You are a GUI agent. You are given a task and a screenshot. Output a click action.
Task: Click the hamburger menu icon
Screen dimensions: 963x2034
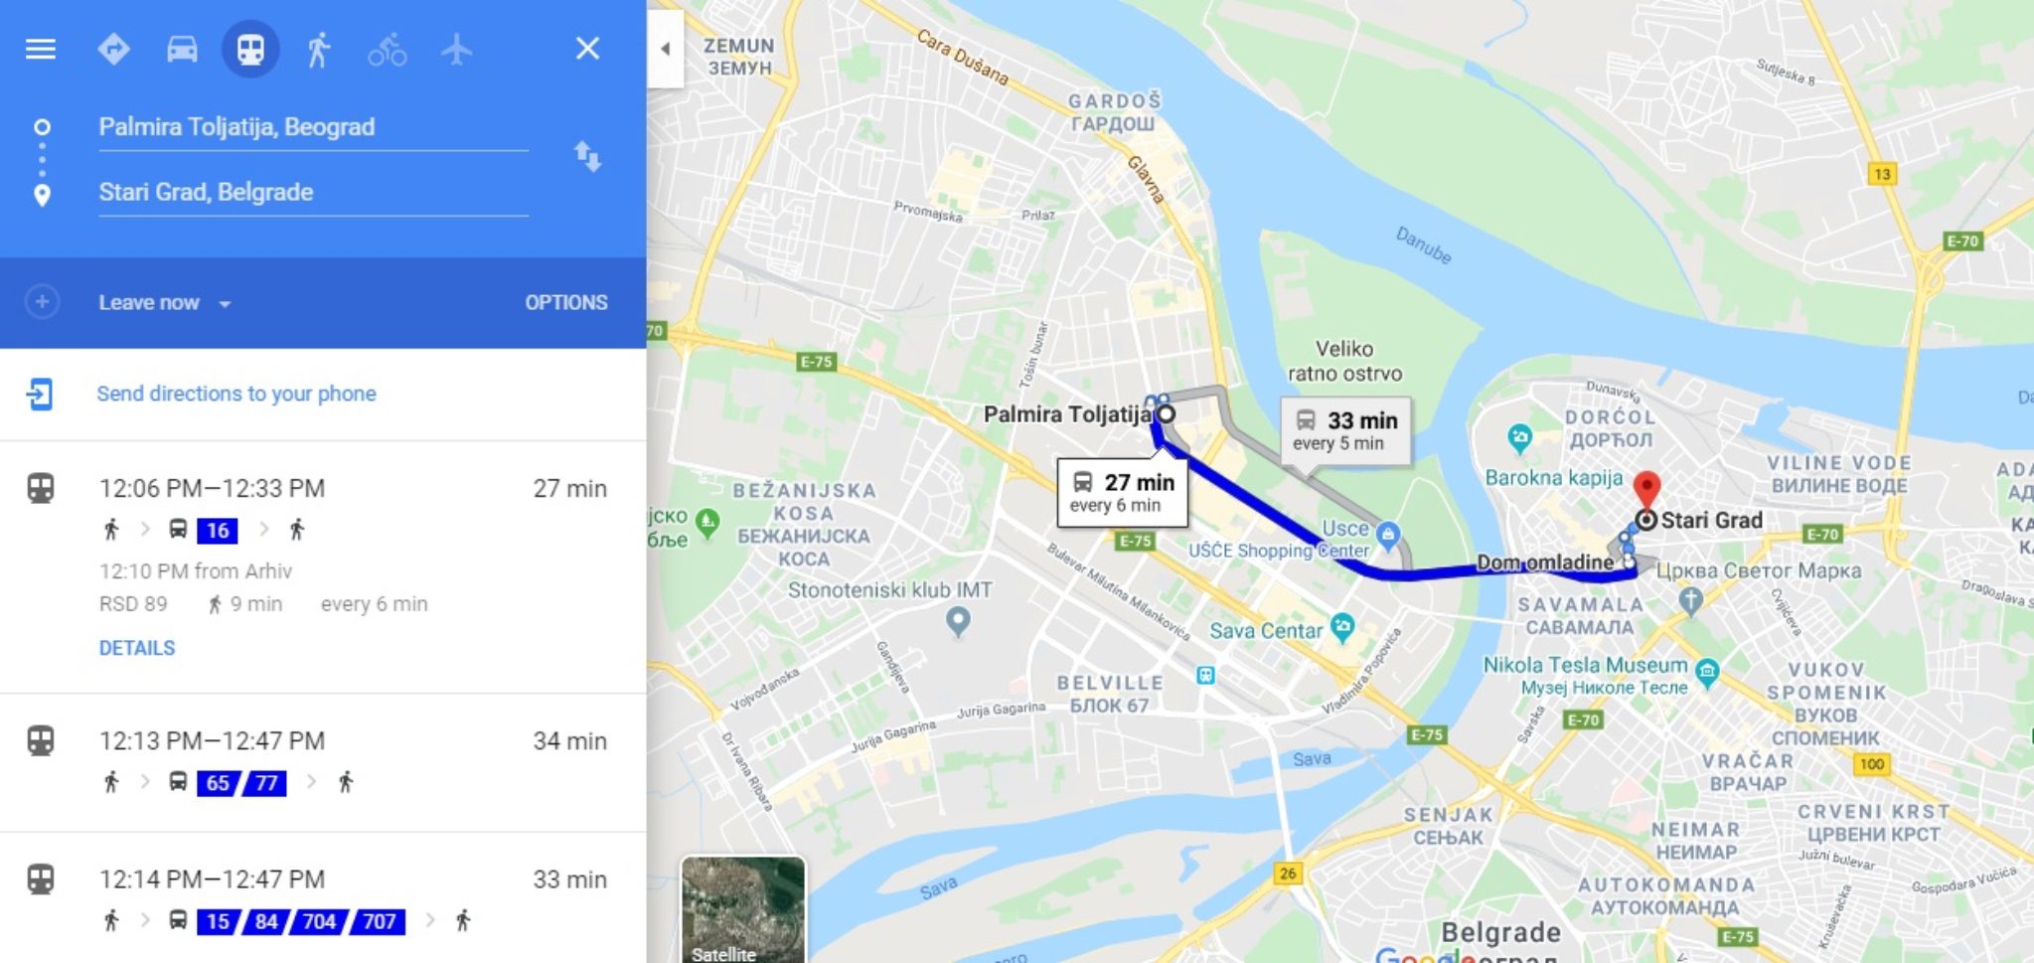click(40, 49)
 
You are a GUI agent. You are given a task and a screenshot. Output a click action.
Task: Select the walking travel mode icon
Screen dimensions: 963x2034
click(318, 49)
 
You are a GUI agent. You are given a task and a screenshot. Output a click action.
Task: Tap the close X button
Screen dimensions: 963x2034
click(587, 48)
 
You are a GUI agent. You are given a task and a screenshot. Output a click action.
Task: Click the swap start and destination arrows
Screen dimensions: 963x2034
click(587, 156)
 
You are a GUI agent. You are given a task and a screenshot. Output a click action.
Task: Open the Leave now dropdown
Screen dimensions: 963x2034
click(165, 303)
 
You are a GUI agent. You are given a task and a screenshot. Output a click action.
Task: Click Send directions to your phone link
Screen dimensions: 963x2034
click(235, 394)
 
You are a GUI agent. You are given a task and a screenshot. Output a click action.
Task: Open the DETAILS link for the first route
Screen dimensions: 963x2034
click(137, 648)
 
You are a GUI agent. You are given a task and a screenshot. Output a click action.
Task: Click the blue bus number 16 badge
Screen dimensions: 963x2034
click(218, 531)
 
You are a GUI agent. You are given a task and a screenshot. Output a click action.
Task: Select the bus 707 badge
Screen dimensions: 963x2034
click(380, 921)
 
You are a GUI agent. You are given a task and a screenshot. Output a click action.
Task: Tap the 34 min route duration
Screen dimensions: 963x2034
click(569, 741)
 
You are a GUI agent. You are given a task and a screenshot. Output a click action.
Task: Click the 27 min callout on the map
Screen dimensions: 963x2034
click(1123, 491)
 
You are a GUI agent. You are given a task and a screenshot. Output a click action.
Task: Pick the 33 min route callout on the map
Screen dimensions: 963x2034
click(1345, 430)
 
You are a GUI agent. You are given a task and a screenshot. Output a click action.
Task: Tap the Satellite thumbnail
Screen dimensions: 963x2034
click(742, 909)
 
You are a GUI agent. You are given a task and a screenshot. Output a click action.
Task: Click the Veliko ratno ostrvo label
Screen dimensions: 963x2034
click(1344, 361)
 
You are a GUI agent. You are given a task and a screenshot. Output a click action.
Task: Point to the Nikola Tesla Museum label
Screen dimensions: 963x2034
click(1585, 665)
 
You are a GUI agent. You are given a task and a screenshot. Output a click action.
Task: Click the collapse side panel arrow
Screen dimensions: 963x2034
click(665, 49)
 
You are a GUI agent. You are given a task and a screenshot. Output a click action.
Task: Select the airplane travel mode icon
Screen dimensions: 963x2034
click(456, 49)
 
